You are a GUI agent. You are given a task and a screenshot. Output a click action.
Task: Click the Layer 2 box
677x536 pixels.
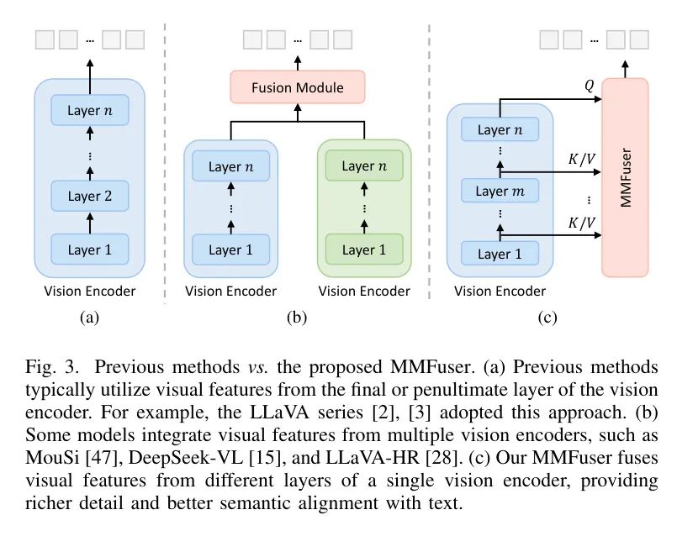pos(90,197)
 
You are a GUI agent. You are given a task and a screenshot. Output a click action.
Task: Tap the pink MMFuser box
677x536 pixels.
pos(625,176)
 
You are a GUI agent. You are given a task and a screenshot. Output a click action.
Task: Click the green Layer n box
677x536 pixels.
pos(364,166)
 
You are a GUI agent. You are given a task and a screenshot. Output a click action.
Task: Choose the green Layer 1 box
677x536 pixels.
pos(364,250)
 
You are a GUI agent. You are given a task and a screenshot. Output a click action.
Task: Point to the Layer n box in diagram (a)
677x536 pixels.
pos(90,109)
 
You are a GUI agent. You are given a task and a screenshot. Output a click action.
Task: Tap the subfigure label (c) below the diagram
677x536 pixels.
pos(547,318)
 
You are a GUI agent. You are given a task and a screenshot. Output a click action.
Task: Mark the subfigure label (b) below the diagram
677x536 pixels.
pos(297,318)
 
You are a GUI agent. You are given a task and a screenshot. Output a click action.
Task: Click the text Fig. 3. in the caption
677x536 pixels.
pos(50,367)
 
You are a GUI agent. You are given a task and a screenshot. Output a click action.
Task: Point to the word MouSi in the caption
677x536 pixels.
pos(50,458)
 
